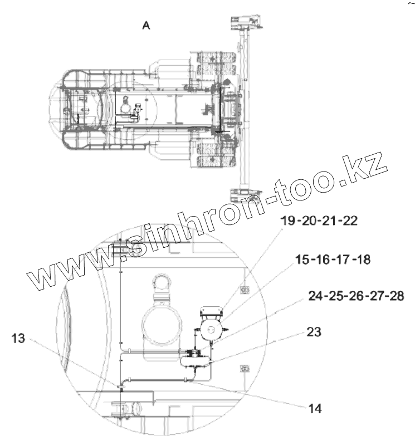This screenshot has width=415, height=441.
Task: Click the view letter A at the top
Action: point(147,26)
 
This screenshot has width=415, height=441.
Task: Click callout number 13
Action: point(18,338)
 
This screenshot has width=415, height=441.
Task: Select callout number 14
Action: point(315,408)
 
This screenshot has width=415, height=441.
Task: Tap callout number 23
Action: point(314,332)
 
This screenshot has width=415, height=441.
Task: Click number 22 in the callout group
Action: point(350,220)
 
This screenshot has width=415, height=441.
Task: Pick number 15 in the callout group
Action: point(302,259)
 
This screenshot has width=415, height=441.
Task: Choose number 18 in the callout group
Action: point(363,259)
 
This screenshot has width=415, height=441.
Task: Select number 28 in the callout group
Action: point(396,296)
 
